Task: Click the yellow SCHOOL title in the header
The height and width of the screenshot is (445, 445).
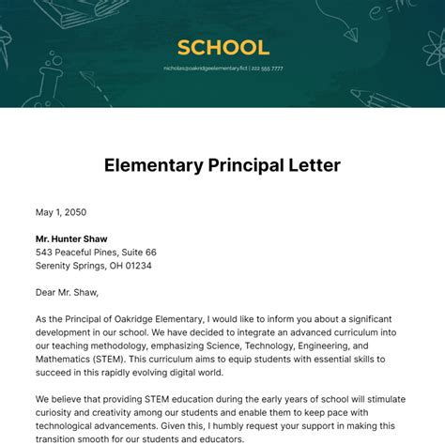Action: click(x=222, y=47)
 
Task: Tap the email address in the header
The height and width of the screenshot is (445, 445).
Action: click(x=204, y=69)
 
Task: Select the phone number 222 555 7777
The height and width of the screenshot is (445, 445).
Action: click(x=268, y=69)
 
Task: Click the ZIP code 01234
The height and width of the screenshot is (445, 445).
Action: click(x=135, y=266)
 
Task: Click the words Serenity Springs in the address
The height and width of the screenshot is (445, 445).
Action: click(x=73, y=266)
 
